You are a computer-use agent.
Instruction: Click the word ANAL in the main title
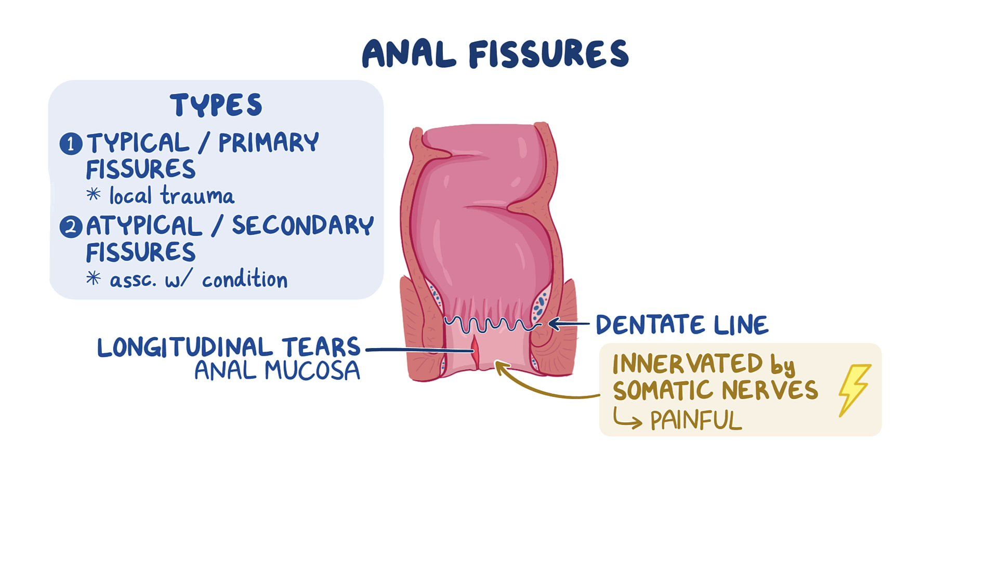[x=409, y=54]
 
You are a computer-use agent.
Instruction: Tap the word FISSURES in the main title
[x=549, y=54]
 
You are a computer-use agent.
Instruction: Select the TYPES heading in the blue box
[x=216, y=105]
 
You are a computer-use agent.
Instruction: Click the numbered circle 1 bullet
[x=71, y=144]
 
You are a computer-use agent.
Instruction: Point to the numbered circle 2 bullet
[x=71, y=227]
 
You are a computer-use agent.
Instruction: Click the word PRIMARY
[x=268, y=143]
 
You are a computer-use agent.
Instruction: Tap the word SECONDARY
[x=303, y=225]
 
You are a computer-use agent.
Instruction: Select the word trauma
[x=198, y=196]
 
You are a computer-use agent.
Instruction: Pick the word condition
[x=244, y=279]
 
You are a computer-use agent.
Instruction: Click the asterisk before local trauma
[x=94, y=194]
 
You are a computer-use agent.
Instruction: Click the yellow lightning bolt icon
[x=854, y=390]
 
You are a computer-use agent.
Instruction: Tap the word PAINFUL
[x=696, y=420]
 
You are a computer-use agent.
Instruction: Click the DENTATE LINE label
[x=681, y=325]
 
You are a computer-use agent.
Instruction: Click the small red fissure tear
[x=475, y=352]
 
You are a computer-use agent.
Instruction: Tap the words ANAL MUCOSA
[x=277, y=371]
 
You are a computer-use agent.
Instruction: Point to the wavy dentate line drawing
[x=491, y=324]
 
